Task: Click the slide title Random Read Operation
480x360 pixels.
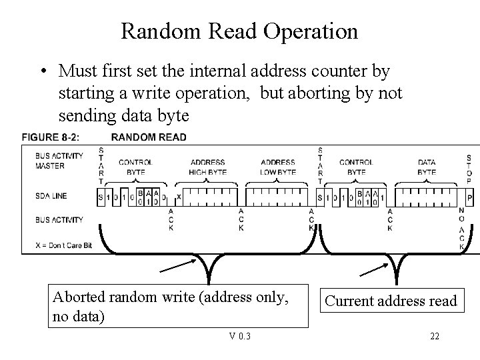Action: point(239,31)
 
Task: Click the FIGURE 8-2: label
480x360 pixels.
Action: point(51,137)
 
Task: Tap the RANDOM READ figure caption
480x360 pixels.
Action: point(149,137)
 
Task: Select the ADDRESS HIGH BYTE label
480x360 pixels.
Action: point(208,167)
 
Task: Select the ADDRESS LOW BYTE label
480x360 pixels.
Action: point(278,167)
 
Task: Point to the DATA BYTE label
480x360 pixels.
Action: point(427,167)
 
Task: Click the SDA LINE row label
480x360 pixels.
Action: point(51,196)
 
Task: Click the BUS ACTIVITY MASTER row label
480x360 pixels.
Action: point(59,161)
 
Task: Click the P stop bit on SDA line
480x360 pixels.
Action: point(470,198)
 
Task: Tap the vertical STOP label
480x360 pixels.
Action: point(469,169)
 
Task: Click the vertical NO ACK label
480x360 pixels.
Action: point(462,229)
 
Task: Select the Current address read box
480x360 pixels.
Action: point(391,301)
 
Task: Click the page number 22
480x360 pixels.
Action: point(435,336)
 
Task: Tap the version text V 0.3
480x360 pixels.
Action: point(240,336)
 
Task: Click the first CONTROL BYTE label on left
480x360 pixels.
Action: point(135,167)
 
